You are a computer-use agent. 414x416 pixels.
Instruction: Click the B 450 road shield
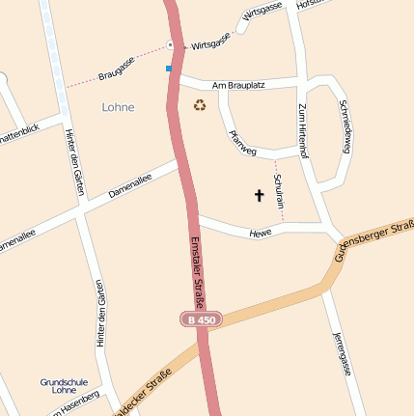pos(202,319)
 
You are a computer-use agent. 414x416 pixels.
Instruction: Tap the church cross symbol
pos(259,196)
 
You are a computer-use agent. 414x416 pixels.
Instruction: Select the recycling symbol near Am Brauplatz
pos(200,105)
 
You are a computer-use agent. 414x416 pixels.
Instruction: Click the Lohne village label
pos(118,107)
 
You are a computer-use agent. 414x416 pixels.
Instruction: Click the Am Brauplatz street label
pos(237,85)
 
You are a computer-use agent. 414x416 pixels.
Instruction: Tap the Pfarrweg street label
pos(241,142)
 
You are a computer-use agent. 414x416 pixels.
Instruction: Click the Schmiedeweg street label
pos(345,127)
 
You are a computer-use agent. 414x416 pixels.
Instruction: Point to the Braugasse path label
pos(115,70)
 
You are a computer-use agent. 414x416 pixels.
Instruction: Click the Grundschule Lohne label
pos(64,385)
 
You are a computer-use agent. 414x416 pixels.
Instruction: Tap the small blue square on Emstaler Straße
pos(169,69)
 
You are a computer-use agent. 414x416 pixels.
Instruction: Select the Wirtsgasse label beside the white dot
pos(211,44)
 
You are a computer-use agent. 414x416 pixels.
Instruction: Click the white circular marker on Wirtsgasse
pos(170,44)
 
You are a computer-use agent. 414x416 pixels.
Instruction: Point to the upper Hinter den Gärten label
pos(72,161)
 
